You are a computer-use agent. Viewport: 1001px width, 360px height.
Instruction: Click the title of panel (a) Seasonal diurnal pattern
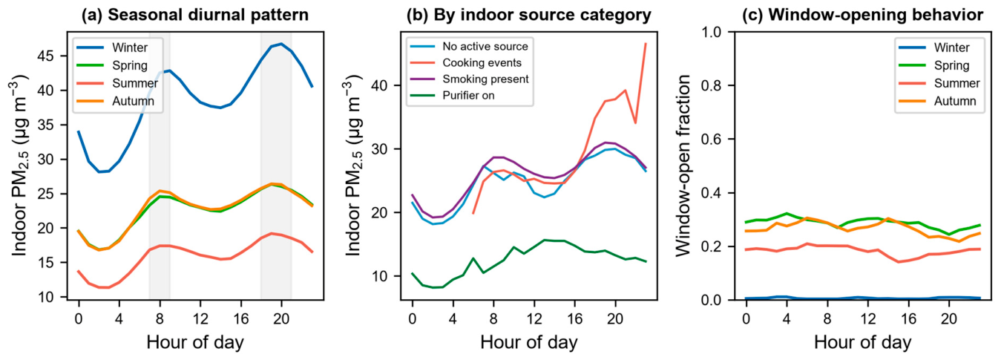pos(195,15)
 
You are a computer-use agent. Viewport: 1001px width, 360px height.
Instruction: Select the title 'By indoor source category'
pos(542,15)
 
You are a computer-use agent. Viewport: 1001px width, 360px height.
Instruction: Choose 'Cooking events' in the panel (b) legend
pos(466,62)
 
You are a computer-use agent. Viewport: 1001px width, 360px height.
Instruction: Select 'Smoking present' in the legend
pos(469,79)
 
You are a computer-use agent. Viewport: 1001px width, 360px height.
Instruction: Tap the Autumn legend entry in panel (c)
pos(937,101)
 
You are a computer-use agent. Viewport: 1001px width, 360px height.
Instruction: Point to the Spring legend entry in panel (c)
pos(934,65)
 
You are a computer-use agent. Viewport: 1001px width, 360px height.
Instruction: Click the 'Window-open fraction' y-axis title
pos(683,166)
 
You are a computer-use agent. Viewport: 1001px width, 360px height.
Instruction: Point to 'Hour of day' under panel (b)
pos(529,343)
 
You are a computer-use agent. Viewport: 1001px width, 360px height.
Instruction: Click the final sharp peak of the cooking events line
pos(646,43)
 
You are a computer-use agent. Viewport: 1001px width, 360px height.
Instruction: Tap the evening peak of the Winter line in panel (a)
pos(281,44)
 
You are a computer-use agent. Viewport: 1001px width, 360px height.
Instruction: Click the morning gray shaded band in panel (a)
pos(160,166)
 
